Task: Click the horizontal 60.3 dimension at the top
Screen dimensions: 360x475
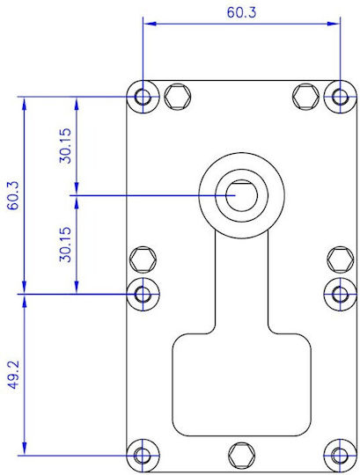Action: pos(241,12)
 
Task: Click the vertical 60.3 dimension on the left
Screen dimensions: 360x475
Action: pos(13,195)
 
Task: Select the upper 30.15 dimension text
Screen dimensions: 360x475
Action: pos(65,146)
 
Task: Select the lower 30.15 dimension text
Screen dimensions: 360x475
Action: pos(65,245)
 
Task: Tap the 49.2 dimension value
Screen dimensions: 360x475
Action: pos(13,375)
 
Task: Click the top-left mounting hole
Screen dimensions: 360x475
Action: pos(143,97)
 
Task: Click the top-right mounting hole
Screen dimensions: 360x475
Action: pos(340,97)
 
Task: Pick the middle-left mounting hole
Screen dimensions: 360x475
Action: pos(143,294)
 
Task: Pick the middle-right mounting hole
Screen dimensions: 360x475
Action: pos(340,294)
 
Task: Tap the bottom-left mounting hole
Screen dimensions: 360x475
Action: pos(143,455)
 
